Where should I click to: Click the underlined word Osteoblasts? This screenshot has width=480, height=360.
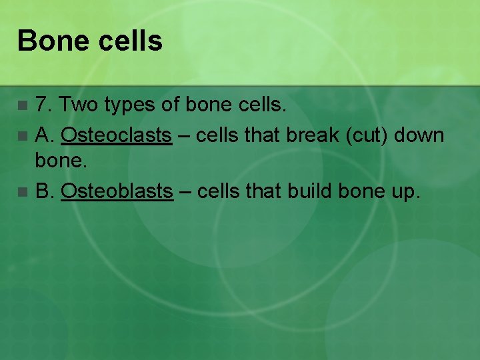pos(117,192)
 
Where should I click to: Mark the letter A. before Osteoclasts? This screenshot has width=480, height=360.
pos(44,135)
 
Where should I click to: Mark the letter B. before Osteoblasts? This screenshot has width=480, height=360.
pos(44,192)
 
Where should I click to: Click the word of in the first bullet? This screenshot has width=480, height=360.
pos(174,105)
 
